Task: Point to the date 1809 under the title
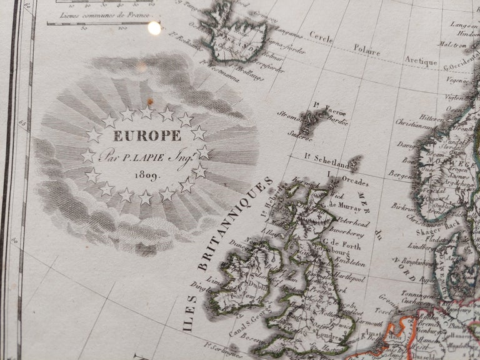click(x=147, y=175)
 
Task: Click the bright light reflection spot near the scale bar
click(x=153, y=27)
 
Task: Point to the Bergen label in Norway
click(x=401, y=172)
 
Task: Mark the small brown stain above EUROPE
click(x=150, y=102)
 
